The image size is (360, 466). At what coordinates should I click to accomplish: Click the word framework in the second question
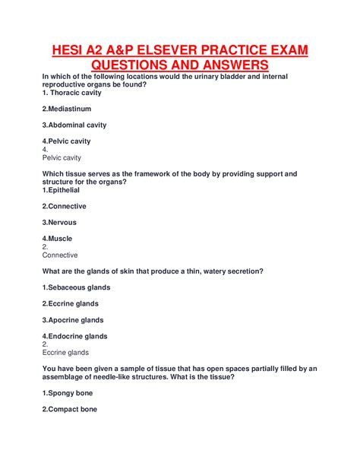[147, 174]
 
